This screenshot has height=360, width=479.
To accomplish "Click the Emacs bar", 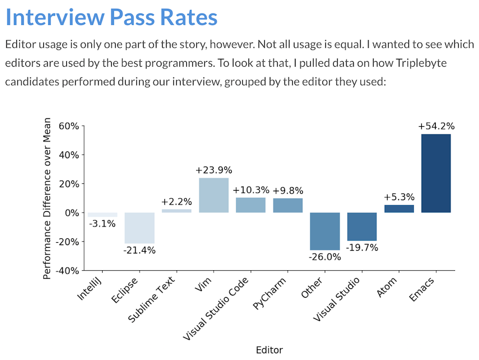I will point(436,173).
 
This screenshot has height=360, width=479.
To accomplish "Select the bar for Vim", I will point(214,195).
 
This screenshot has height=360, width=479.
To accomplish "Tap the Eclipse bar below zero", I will point(140,228).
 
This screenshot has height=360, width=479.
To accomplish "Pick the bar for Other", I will point(325,231).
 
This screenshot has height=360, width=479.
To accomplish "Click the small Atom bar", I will point(399,209).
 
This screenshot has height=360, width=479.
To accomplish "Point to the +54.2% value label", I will point(436,127).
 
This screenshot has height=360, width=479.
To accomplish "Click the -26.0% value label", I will point(325,257).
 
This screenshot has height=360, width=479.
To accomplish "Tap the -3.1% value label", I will point(103,224).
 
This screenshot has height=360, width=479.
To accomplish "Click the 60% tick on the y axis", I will point(68,126).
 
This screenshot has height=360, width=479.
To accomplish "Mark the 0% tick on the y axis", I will point(71,213).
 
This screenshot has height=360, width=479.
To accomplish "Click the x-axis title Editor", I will point(269,350).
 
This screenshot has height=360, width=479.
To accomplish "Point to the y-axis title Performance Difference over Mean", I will point(48,198).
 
